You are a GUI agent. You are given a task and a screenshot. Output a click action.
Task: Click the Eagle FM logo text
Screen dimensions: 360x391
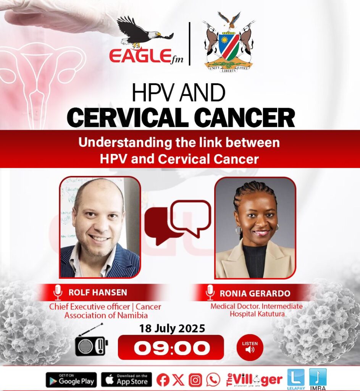146,57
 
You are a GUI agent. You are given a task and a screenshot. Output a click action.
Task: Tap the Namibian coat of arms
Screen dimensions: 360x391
229,42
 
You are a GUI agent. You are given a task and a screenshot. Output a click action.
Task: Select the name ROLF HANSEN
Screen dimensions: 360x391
98,292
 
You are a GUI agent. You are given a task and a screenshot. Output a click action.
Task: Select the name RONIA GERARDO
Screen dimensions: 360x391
255,293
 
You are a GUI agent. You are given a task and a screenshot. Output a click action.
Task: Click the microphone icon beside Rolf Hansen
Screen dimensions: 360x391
58,292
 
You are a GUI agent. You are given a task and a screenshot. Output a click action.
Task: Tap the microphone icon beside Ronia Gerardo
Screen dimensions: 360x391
210,292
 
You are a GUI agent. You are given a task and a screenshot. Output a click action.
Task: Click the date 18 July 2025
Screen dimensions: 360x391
172,328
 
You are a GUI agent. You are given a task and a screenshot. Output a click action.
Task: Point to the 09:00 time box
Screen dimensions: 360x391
171,347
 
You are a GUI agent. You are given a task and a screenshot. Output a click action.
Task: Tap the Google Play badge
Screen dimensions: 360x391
71,380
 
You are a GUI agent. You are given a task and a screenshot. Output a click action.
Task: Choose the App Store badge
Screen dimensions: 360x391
127,380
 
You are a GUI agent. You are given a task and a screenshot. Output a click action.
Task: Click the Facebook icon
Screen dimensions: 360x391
163,380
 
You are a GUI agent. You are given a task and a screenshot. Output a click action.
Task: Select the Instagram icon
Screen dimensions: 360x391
195,380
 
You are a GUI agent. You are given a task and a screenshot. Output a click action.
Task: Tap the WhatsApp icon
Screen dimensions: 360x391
213,380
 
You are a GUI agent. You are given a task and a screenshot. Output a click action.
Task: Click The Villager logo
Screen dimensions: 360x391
254,380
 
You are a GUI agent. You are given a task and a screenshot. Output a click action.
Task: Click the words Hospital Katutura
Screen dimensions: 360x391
257,314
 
